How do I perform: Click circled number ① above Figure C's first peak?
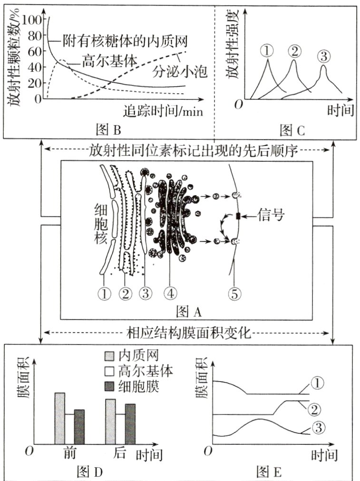268,50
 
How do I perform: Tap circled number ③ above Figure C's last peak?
323,57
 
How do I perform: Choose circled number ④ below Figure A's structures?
169,293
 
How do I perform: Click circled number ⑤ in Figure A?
234,293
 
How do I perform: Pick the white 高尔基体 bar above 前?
69,429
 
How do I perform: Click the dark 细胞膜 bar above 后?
130,424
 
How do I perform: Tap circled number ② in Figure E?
317,409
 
